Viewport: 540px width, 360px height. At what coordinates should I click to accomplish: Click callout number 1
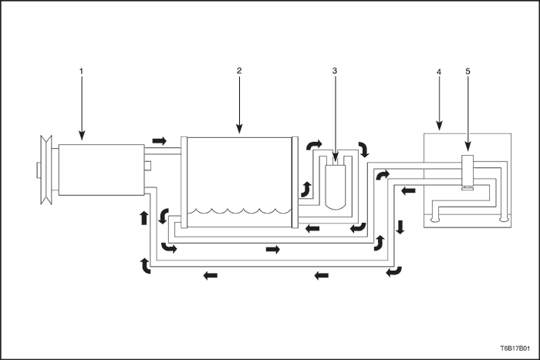81,71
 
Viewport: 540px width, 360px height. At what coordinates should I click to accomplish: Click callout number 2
239,71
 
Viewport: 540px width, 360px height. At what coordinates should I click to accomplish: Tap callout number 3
334,71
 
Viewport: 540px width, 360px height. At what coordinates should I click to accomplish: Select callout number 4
439,72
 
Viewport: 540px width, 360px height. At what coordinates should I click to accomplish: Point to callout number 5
467,71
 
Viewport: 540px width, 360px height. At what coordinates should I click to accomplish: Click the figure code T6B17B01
515,348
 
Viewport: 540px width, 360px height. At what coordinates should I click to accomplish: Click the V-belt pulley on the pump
46,170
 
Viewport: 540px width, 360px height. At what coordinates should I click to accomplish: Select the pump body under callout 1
101,170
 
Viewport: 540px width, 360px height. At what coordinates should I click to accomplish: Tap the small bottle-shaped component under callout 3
335,187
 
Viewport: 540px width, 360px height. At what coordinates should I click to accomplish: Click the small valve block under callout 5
467,170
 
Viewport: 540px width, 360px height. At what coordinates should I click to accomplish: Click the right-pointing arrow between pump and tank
160,141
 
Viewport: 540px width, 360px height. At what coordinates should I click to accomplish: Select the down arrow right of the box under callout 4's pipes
400,227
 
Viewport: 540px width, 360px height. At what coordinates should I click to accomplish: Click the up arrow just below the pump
144,218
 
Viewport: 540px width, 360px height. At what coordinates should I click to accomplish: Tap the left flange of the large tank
184,182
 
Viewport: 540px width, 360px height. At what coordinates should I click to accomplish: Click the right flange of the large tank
295,182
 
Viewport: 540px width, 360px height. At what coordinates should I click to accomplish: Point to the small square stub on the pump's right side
147,166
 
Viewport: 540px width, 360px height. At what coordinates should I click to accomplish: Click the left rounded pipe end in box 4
435,218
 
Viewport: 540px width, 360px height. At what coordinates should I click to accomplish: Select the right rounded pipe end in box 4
504,218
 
